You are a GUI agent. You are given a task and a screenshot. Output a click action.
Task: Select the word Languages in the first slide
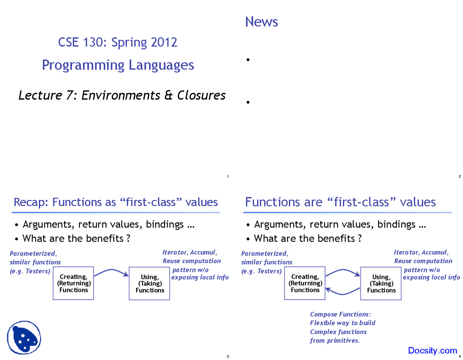click(161, 65)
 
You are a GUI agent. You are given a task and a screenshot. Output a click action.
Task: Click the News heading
click(262, 22)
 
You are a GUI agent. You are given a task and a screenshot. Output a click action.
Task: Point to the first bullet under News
click(248, 60)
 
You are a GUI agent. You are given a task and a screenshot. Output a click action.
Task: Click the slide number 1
click(228, 176)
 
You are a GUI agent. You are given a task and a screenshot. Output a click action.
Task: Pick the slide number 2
click(459, 176)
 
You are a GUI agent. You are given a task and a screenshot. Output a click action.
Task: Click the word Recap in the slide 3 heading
click(30, 202)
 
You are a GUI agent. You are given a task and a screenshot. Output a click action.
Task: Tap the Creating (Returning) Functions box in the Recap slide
click(73, 283)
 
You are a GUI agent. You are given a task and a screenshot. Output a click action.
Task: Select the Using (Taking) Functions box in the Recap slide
click(149, 283)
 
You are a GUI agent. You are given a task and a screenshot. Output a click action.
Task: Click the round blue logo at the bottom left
click(24, 338)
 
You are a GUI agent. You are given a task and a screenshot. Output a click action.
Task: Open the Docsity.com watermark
click(432, 351)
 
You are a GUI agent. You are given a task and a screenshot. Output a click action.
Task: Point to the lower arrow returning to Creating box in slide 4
click(343, 292)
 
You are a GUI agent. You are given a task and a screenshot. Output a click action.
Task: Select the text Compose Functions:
click(340, 314)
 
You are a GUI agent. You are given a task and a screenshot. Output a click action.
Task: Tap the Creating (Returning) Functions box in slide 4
click(305, 283)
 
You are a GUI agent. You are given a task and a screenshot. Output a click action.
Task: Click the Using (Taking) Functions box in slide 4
click(381, 283)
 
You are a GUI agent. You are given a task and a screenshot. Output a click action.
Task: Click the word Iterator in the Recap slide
click(175, 252)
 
